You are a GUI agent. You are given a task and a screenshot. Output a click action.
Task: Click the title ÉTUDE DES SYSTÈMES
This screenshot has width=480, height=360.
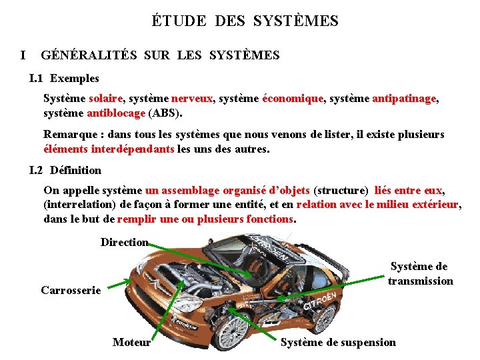coord(245,21)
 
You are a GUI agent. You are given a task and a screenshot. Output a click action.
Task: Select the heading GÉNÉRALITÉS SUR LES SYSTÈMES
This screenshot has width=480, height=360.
coord(160,55)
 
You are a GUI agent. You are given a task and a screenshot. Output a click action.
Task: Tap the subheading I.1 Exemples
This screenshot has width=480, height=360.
coord(65,79)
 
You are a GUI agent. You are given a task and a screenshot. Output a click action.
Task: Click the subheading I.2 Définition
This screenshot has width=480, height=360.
coord(66,170)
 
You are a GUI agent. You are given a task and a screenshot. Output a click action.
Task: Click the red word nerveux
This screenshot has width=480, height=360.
coord(192,99)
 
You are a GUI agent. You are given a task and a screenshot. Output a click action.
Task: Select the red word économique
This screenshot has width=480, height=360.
coord(293,99)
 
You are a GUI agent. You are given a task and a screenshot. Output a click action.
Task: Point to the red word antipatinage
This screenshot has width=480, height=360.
coord(404,99)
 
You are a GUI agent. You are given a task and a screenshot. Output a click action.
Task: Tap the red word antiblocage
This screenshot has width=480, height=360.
coord(116,113)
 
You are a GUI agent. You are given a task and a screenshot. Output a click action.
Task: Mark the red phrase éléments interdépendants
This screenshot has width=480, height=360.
coord(109,149)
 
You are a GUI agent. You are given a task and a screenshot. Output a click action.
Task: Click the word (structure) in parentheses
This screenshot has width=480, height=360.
coord(341,191)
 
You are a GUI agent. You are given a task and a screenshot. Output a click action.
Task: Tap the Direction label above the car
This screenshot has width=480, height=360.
coord(124,242)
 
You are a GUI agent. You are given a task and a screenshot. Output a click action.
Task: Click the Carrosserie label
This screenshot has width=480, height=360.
coord(71,290)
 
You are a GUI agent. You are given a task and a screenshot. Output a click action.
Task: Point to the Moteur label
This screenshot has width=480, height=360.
coord(131,342)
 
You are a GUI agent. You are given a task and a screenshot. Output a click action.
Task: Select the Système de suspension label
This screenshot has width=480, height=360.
coord(338,342)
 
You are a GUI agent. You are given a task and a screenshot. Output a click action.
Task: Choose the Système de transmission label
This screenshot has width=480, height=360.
coord(420,273)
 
